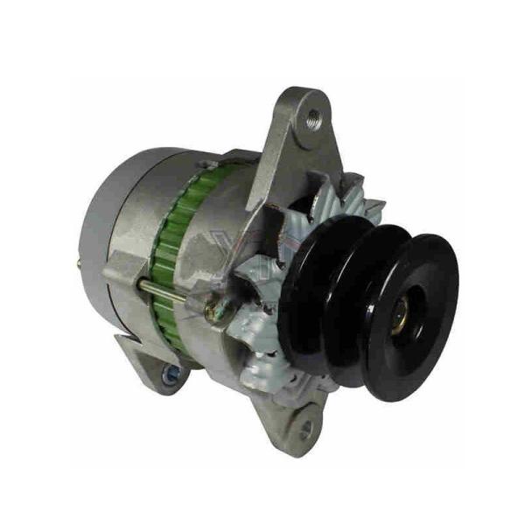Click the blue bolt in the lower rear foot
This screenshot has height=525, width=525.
pos(172,375)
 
